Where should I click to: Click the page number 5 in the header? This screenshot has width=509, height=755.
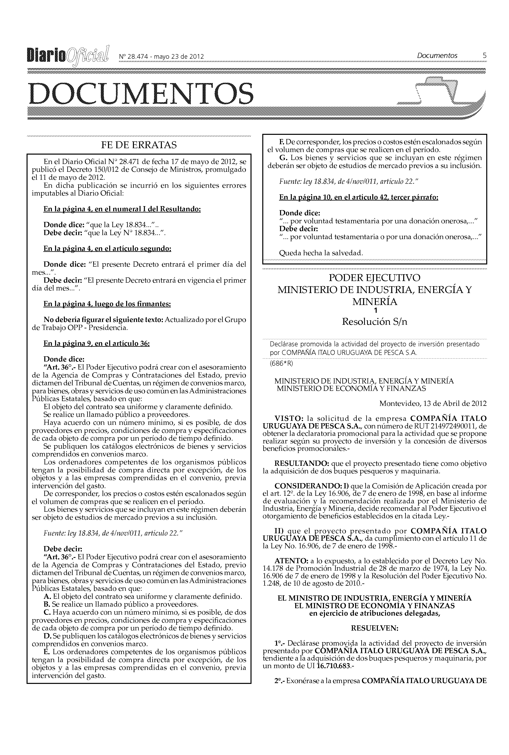click(484, 56)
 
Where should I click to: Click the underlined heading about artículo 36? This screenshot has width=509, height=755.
click(96, 344)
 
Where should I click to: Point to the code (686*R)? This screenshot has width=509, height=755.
click(281, 363)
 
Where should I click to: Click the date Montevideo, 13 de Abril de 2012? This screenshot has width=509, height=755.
click(433, 404)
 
